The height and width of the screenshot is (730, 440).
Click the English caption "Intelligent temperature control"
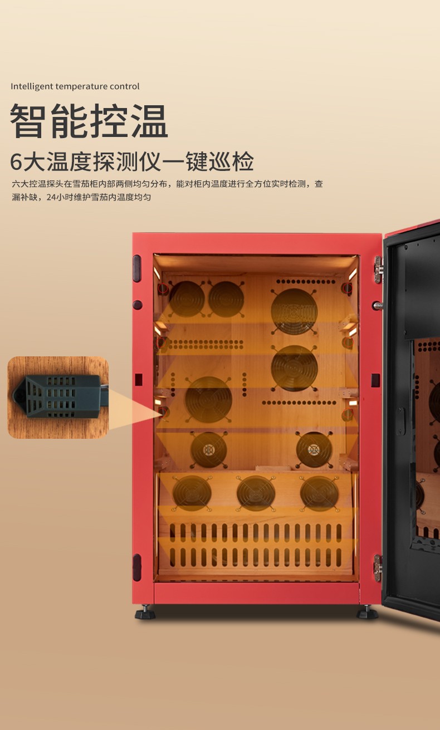pyautogui.click(x=75, y=86)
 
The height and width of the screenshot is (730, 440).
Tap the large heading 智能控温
pyautogui.click(x=89, y=121)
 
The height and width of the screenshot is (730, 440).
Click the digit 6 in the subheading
pyautogui.click(x=16, y=161)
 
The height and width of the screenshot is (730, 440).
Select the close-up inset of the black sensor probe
pyautogui.click(x=58, y=397)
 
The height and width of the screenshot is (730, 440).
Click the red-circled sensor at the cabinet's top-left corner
pyautogui.click(x=163, y=288)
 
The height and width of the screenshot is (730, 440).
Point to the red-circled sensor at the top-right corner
pyautogui.click(x=347, y=288)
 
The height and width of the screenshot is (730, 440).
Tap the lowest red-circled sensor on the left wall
pyautogui.click(x=163, y=412)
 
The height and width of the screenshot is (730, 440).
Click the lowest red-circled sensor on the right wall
pyautogui.click(x=348, y=414)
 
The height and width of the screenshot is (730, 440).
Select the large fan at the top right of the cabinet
pyautogui.click(x=294, y=311)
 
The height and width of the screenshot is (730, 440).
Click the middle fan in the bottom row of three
pyautogui.click(x=256, y=493)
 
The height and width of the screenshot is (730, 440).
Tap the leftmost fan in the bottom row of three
pyautogui.click(x=192, y=493)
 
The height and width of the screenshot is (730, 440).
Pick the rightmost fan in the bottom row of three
pyautogui.click(x=319, y=493)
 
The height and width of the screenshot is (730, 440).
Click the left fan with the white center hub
pyautogui.click(x=209, y=450)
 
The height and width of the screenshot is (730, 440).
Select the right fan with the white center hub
pyautogui.click(x=314, y=450)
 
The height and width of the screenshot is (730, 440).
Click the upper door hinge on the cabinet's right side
pyautogui.click(x=378, y=270)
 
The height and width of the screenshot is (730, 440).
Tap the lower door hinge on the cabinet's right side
pyautogui.click(x=378, y=568)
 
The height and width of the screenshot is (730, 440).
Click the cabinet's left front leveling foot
pyautogui.click(x=145, y=612)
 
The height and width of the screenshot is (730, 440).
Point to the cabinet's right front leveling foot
pyautogui.click(x=368, y=612)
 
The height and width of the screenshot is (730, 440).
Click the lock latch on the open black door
pyautogui.click(x=400, y=421)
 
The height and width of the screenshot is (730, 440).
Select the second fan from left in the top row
pyautogui.click(x=226, y=299)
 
